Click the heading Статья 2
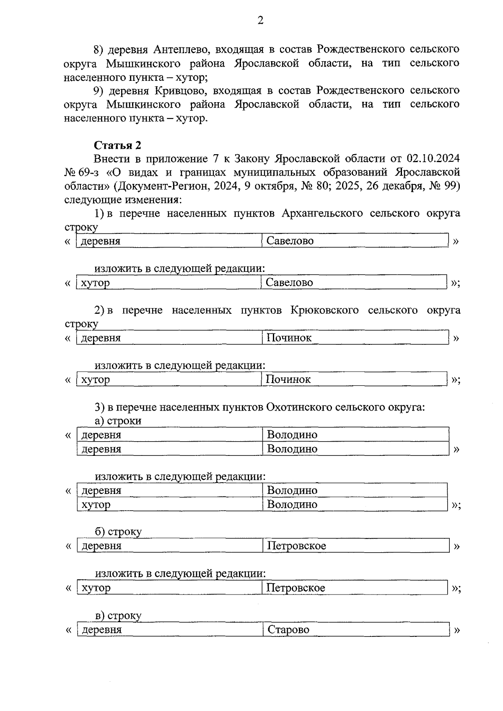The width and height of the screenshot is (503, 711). pos(117,145)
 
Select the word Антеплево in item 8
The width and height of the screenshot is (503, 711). pos(181,49)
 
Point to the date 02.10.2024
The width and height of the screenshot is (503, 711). pos(433,159)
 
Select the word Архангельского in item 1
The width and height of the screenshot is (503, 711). pos(322,213)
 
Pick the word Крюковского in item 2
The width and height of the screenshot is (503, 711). pos(324,310)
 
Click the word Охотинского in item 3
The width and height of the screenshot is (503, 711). pos(298,407)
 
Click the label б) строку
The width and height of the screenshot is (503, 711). pos(118,532)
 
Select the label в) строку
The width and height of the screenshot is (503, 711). pos(118,615)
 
